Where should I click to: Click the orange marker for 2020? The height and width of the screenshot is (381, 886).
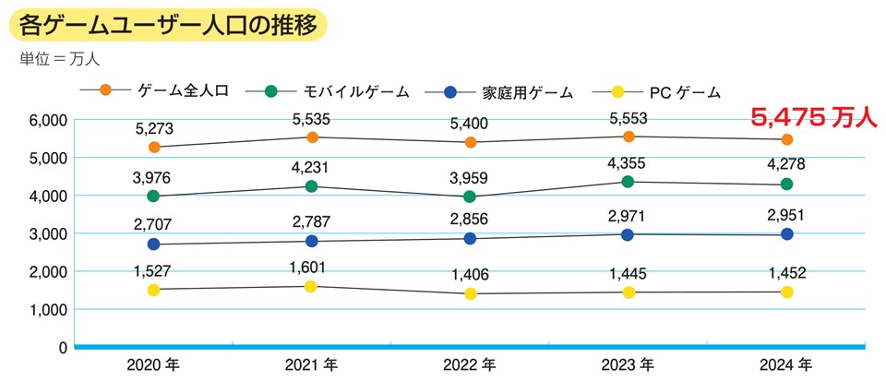[x=153, y=148]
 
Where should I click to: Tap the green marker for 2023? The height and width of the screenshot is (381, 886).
[x=629, y=182]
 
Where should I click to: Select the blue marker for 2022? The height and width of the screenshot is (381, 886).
[x=471, y=238]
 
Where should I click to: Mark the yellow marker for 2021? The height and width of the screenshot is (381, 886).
[x=312, y=286]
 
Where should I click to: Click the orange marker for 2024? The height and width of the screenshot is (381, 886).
[x=787, y=140]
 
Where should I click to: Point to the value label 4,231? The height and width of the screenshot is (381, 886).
[x=312, y=167]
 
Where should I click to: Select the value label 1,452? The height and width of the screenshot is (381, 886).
[x=787, y=272]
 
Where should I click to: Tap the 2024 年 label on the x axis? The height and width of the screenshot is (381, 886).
[x=787, y=363]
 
